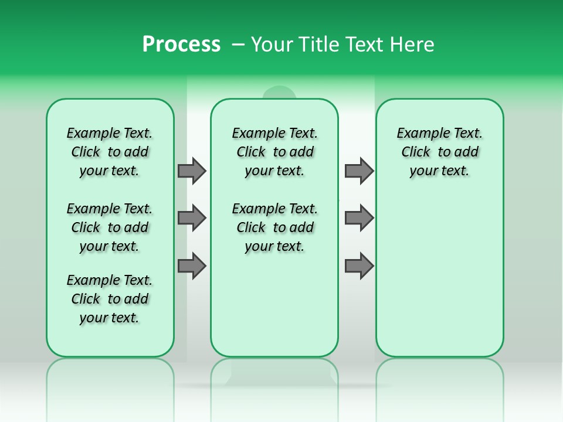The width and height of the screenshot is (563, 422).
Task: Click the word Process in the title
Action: [x=181, y=44]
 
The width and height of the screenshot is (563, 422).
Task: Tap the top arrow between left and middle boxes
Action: [x=192, y=171]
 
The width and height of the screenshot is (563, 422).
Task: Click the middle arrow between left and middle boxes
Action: [x=192, y=218]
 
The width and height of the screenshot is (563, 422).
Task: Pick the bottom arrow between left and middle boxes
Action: [x=192, y=266]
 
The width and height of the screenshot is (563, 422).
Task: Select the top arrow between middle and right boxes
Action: [x=359, y=171]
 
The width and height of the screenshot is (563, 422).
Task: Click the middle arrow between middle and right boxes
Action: [x=359, y=218]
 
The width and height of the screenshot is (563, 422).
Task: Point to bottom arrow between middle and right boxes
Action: [x=359, y=266]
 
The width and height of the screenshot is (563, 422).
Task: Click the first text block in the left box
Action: [x=110, y=152]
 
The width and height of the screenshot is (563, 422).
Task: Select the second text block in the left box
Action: [x=110, y=227]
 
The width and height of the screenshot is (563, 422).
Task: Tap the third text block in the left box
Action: [x=110, y=299]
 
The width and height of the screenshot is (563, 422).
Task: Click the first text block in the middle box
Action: [x=275, y=152]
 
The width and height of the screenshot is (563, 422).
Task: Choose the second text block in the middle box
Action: [x=275, y=227]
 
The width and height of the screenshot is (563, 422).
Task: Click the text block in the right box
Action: [x=440, y=152]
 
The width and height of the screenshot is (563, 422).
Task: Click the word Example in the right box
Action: [x=420, y=134]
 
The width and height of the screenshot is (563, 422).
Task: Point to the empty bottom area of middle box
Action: [x=274, y=311]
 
